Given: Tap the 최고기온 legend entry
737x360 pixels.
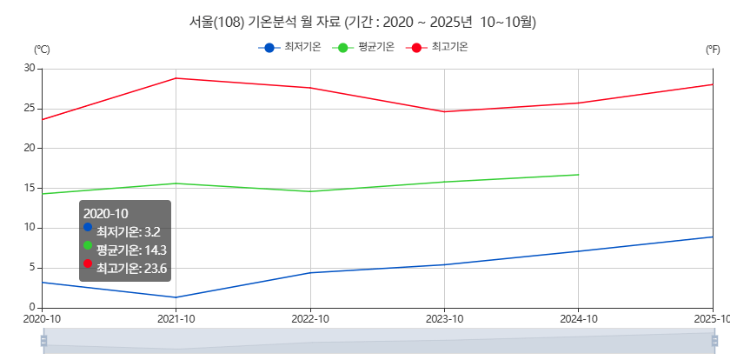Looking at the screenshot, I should (437, 47).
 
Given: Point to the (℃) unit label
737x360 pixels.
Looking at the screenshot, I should (41, 50).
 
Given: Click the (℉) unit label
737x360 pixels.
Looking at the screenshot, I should (713, 50).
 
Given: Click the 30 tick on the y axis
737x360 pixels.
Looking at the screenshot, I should (30, 68).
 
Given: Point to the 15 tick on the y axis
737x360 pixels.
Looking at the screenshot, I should (30, 188).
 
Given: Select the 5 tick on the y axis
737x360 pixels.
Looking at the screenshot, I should (32, 268).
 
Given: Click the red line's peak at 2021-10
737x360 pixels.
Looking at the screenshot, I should (176, 78).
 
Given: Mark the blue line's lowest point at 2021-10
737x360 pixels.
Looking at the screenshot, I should (176, 297).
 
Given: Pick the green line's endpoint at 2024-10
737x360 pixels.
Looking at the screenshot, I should (578, 175).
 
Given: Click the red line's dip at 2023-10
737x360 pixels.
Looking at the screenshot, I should (444, 111).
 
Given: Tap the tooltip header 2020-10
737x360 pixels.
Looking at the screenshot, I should (106, 213).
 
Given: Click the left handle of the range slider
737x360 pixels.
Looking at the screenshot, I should (43, 341).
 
